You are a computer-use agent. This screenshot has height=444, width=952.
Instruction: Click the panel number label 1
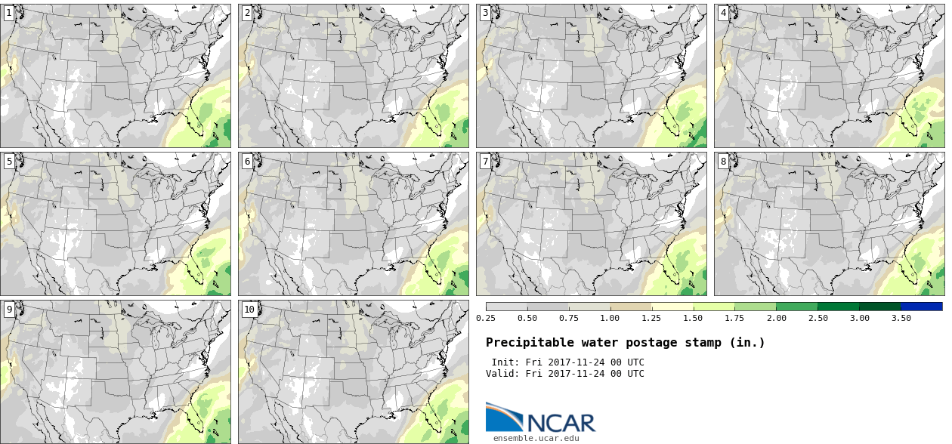(x=8, y=13)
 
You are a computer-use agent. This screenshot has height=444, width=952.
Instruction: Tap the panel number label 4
(x=723, y=13)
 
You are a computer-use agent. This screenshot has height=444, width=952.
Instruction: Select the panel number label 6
(x=247, y=161)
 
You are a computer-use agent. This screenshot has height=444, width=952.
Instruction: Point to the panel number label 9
(x=8, y=309)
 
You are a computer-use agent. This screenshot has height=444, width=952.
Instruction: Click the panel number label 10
(x=249, y=309)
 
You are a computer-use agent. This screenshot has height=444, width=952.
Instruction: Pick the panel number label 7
(x=485, y=161)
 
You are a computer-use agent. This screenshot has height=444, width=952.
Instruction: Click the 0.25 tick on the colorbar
(x=485, y=318)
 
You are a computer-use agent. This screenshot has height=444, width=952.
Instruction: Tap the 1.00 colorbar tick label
(x=610, y=318)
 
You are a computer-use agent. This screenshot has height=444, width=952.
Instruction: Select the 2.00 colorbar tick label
(x=776, y=318)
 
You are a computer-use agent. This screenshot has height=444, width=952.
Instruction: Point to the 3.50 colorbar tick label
(x=901, y=318)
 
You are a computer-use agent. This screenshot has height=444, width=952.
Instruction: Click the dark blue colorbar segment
(x=921, y=307)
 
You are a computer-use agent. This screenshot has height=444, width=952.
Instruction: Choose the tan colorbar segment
(x=630, y=307)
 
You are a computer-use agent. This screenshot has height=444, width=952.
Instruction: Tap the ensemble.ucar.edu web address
(x=536, y=437)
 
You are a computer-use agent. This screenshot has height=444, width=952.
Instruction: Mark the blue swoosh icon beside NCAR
(x=504, y=417)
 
